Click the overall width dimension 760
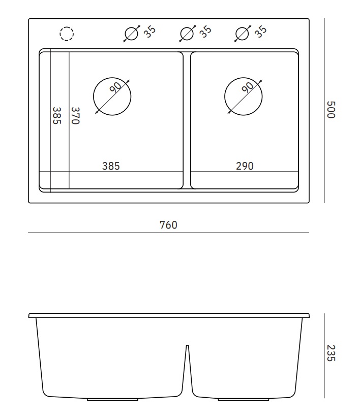pyautogui.click(x=168, y=225)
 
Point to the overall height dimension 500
pyautogui.click(x=331, y=110)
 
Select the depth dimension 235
pyautogui.click(x=331, y=353)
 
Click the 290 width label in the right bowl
pyautogui.click(x=245, y=166)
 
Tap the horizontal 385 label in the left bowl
pyautogui.click(x=111, y=166)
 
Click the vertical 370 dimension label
pyautogui.click(x=75, y=116)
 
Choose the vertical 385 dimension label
pyautogui.click(x=57, y=116)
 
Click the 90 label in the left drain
pyautogui.click(x=116, y=87)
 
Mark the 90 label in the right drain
pyautogui.click(x=248, y=87)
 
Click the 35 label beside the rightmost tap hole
pyautogui.click(x=260, y=31)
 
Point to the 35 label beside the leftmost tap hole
pyautogui.click(x=149, y=31)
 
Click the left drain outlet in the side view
pyautogui.click(x=112, y=400)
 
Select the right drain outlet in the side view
pyautogui.click(x=244, y=400)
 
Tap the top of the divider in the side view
pyautogui.click(x=187, y=345)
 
